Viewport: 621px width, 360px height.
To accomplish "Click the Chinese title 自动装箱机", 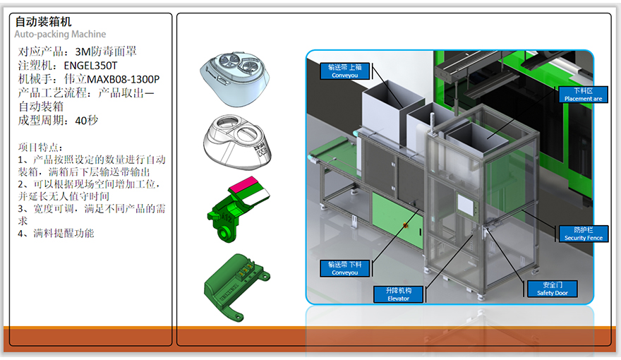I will [43, 23].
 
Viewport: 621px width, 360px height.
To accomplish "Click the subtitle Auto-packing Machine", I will [60, 35].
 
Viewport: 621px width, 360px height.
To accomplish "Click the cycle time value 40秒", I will [86, 121].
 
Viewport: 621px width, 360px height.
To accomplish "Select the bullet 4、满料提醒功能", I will [56, 233].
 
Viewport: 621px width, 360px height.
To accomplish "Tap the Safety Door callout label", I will [552, 289].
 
